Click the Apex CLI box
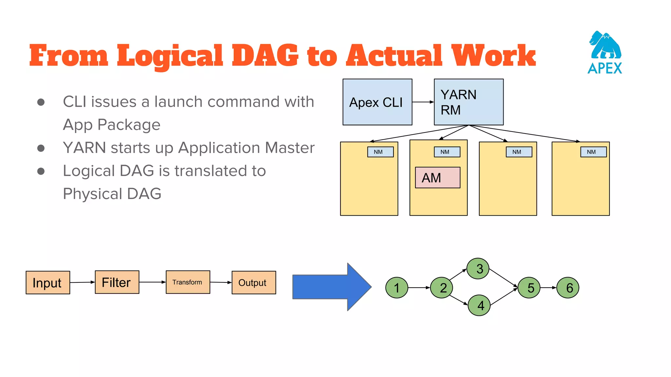point(377,102)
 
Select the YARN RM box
point(469,102)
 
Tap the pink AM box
point(437,178)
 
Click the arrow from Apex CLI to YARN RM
point(423,102)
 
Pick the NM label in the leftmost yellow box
point(380,152)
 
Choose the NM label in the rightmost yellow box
point(593,152)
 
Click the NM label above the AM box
point(447,152)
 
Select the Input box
point(48,282)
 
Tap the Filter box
point(117,282)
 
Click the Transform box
point(188,282)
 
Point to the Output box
point(254,282)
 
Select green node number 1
point(397,288)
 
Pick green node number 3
point(478,268)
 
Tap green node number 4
point(479,305)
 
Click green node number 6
point(568,288)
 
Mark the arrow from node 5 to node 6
point(548,288)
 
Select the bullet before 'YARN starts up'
point(41,148)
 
